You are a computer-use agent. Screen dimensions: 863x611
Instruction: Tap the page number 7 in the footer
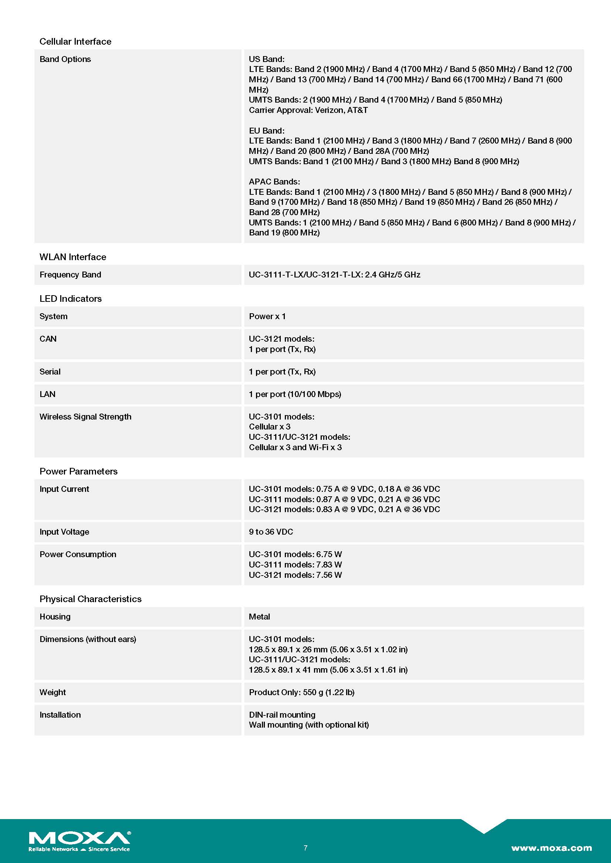pos(305,848)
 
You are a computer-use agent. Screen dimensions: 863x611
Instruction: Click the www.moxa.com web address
pos(551,848)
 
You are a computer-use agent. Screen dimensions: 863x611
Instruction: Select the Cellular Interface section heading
pos(75,41)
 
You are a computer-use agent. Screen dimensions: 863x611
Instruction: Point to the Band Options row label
pos(65,59)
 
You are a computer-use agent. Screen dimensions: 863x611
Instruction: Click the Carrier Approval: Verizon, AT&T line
pos(308,110)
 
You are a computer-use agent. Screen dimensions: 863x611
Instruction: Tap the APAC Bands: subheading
pos(274,182)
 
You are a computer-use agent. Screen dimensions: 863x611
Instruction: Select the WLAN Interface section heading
pos(73,257)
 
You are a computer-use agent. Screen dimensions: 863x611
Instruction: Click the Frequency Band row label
pos(70,275)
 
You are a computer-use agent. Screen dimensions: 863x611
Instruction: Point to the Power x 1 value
pos(267,316)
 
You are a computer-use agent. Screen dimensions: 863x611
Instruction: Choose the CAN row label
pos(48,339)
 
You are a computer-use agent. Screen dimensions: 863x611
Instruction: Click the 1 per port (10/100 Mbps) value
pos(295,394)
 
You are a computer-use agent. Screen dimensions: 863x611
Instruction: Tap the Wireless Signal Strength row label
pos(85,417)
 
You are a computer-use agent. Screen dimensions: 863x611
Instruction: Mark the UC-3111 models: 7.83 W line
pos(296,564)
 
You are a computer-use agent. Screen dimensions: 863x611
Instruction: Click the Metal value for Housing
pos(259,617)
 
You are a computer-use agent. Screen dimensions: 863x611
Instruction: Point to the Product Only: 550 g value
pos(302,692)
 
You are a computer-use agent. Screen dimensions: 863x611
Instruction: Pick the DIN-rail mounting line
pos(282,715)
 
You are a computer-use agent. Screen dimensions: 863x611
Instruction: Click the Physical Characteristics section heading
pos(90,599)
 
